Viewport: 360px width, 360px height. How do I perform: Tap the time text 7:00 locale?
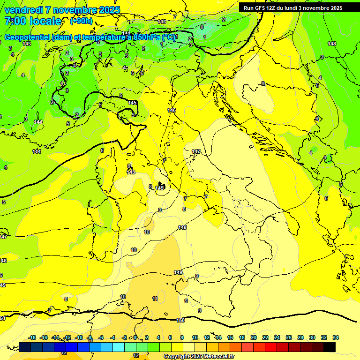pyautogui.click(x=33, y=21)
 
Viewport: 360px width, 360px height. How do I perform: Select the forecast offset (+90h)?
pyautogui.click(x=81, y=21)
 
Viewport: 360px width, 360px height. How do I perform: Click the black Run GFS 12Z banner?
pyautogui.click(x=293, y=8)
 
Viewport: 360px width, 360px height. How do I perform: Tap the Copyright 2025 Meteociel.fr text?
pyautogui.click(x=199, y=356)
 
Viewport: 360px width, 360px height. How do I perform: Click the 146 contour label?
pyautogui.click(x=172, y=110)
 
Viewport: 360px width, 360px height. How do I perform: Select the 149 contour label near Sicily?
pyautogui.click(x=178, y=272)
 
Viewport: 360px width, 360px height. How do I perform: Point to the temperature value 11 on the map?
pyautogui.click(x=155, y=299)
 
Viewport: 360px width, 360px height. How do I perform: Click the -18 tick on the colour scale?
pyautogui.click(x=32, y=337)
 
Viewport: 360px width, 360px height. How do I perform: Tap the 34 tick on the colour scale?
pyautogui.click(x=336, y=337)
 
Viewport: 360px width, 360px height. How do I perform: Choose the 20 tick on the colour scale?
pyautogui.click(x=254, y=337)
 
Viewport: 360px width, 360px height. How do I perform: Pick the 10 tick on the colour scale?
pyautogui.click(x=195, y=337)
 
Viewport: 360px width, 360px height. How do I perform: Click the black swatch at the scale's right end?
pyautogui.click(x=330, y=347)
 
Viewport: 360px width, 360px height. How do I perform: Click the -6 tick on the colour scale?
pyautogui.click(x=101, y=337)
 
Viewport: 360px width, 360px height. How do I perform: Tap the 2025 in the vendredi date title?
pyautogui.click(x=109, y=10)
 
